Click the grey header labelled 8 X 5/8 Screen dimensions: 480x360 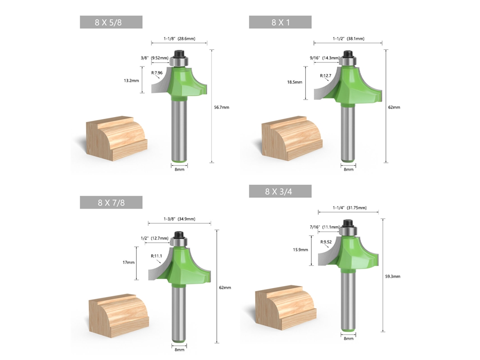[111, 22]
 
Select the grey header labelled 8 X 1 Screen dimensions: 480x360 [280, 22]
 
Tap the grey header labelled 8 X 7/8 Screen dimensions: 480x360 [111, 203]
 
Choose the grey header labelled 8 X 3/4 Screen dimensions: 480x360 [280, 191]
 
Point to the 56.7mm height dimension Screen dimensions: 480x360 [221, 107]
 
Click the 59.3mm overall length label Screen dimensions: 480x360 [392, 277]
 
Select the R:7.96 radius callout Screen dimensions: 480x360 [157, 73]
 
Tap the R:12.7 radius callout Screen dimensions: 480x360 [326, 76]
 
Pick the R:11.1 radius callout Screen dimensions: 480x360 [157, 256]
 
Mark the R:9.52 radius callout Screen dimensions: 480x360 [326, 242]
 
